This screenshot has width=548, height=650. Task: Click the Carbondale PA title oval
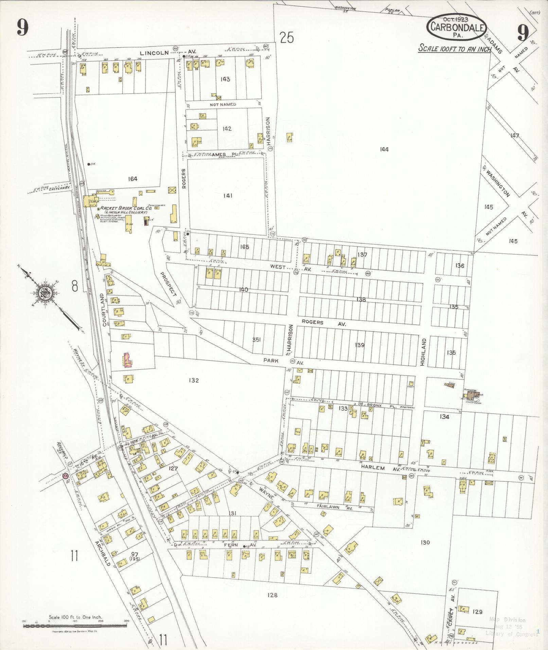(x=457, y=27)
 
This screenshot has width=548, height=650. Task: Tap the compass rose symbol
(x=45, y=292)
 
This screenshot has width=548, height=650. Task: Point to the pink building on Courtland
(x=127, y=360)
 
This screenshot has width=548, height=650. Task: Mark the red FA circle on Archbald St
(x=65, y=476)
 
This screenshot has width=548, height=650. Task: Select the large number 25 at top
(x=287, y=37)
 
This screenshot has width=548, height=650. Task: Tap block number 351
(x=257, y=339)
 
